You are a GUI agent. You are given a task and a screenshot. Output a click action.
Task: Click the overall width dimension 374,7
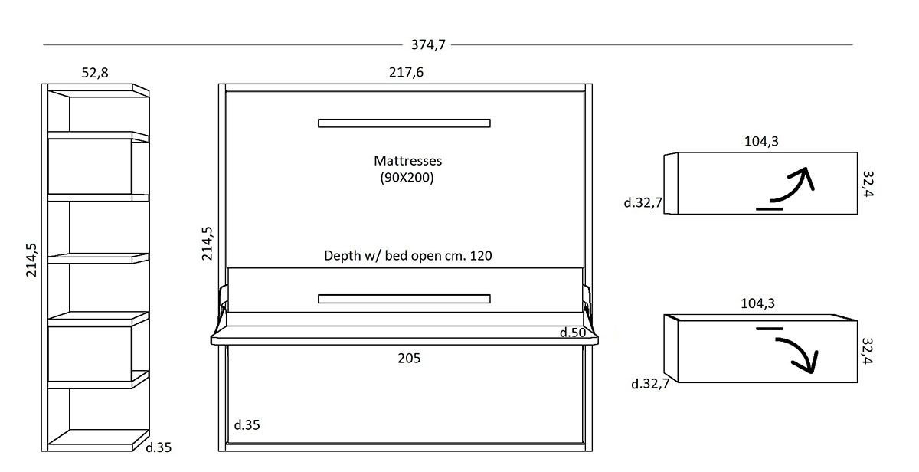[x=428, y=44]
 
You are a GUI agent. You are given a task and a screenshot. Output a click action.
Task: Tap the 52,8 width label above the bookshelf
[x=95, y=73]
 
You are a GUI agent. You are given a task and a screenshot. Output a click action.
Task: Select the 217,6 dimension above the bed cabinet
[x=407, y=73]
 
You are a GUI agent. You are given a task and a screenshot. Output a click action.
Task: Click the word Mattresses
[x=407, y=161]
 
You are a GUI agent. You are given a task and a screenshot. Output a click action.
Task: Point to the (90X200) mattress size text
[x=407, y=178]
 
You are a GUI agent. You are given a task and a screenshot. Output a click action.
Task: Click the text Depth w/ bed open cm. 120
[x=407, y=256]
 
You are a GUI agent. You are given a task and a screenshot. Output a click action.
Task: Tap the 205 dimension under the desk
[x=409, y=358]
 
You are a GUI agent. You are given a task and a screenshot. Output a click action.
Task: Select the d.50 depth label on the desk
[x=572, y=333]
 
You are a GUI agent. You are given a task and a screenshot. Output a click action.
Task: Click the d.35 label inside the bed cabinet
[x=247, y=424]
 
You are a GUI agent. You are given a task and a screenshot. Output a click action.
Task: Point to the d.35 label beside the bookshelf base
[x=159, y=447]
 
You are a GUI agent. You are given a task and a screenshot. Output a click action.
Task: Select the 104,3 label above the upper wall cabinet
[x=761, y=141]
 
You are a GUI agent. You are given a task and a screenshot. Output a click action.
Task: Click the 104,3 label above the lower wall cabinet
[x=758, y=303]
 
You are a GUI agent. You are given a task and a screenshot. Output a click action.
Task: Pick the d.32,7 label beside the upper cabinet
[x=643, y=203]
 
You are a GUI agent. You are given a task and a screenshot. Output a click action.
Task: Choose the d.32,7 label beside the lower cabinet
[x=650, y=384]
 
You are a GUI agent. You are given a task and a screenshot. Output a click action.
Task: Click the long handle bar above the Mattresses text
[x=404, y=123]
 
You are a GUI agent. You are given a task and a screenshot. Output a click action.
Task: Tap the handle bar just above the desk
[x=404, y=299]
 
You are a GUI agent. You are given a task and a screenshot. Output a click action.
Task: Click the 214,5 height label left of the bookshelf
[x=32, y=260]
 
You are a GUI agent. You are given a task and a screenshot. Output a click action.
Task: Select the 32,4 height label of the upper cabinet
[x=868, y=183]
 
